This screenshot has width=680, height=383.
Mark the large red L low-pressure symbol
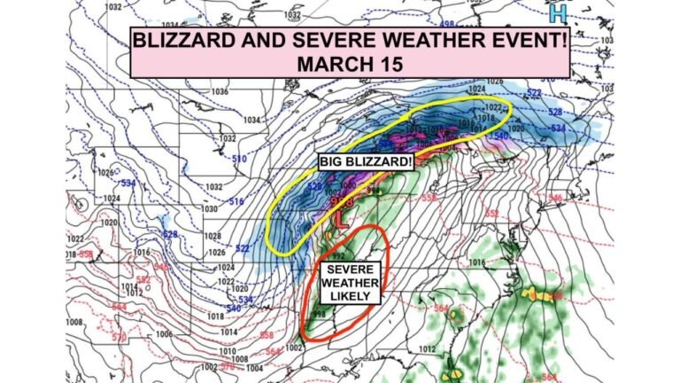tap(341, 218)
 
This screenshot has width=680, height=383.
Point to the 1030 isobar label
tap(209, 208)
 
